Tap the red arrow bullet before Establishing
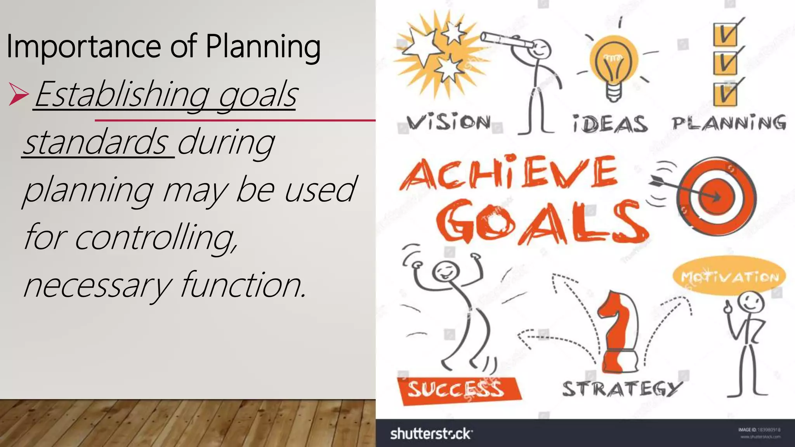[x=18, y=95]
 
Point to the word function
[x=243, y=285]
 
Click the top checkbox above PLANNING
[x=725, y=34]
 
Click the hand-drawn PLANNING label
[x=729, y=123]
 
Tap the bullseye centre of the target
[x=717, y=197]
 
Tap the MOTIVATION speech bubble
[x=729, y=277]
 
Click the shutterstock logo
[x=431, y=433]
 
